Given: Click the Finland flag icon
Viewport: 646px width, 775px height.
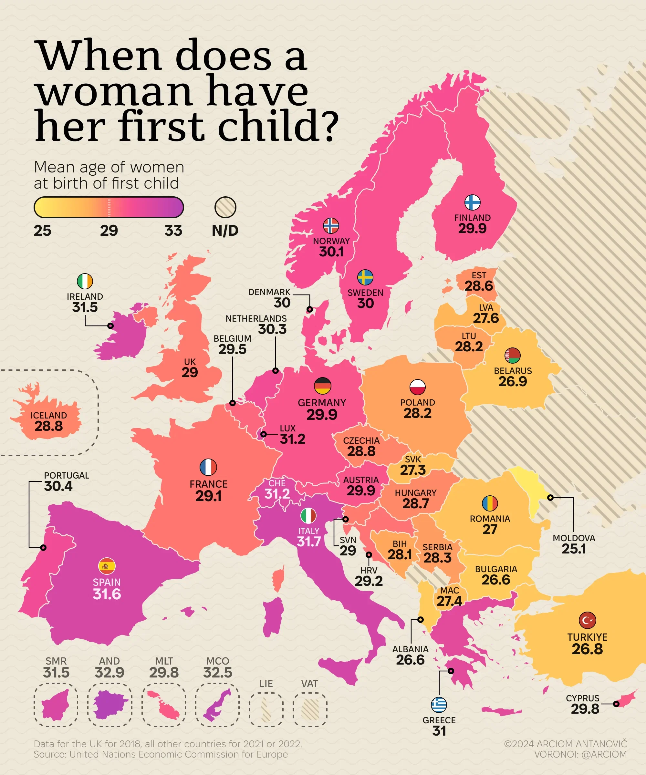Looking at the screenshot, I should [472, 202].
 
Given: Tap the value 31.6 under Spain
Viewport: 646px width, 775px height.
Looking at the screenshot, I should [107, 594].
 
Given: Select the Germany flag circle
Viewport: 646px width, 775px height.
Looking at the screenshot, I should [322, 386].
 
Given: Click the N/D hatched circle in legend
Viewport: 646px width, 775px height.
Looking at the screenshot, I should [225, 207].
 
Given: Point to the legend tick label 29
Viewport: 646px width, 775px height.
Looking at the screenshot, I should [109, 231].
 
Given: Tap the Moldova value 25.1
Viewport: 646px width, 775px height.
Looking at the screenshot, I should [574, 549].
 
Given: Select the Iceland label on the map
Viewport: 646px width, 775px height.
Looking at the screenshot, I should [49, 415].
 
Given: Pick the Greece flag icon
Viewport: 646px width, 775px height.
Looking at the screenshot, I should [439, 705].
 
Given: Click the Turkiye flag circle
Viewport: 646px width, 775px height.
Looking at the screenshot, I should [587, 620].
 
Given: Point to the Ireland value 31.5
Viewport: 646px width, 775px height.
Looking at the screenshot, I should [85, 307].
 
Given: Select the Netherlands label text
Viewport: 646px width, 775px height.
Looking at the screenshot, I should [256, 318].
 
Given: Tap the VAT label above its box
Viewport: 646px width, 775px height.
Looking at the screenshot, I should [309, 684].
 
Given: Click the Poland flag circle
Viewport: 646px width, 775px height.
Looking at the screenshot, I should [418, 387].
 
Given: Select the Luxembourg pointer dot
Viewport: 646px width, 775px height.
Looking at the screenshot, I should [263, 434].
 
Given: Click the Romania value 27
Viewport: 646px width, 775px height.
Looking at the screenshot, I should [490, 530].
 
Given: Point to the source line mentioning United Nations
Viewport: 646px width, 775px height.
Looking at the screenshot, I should [161, 754].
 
